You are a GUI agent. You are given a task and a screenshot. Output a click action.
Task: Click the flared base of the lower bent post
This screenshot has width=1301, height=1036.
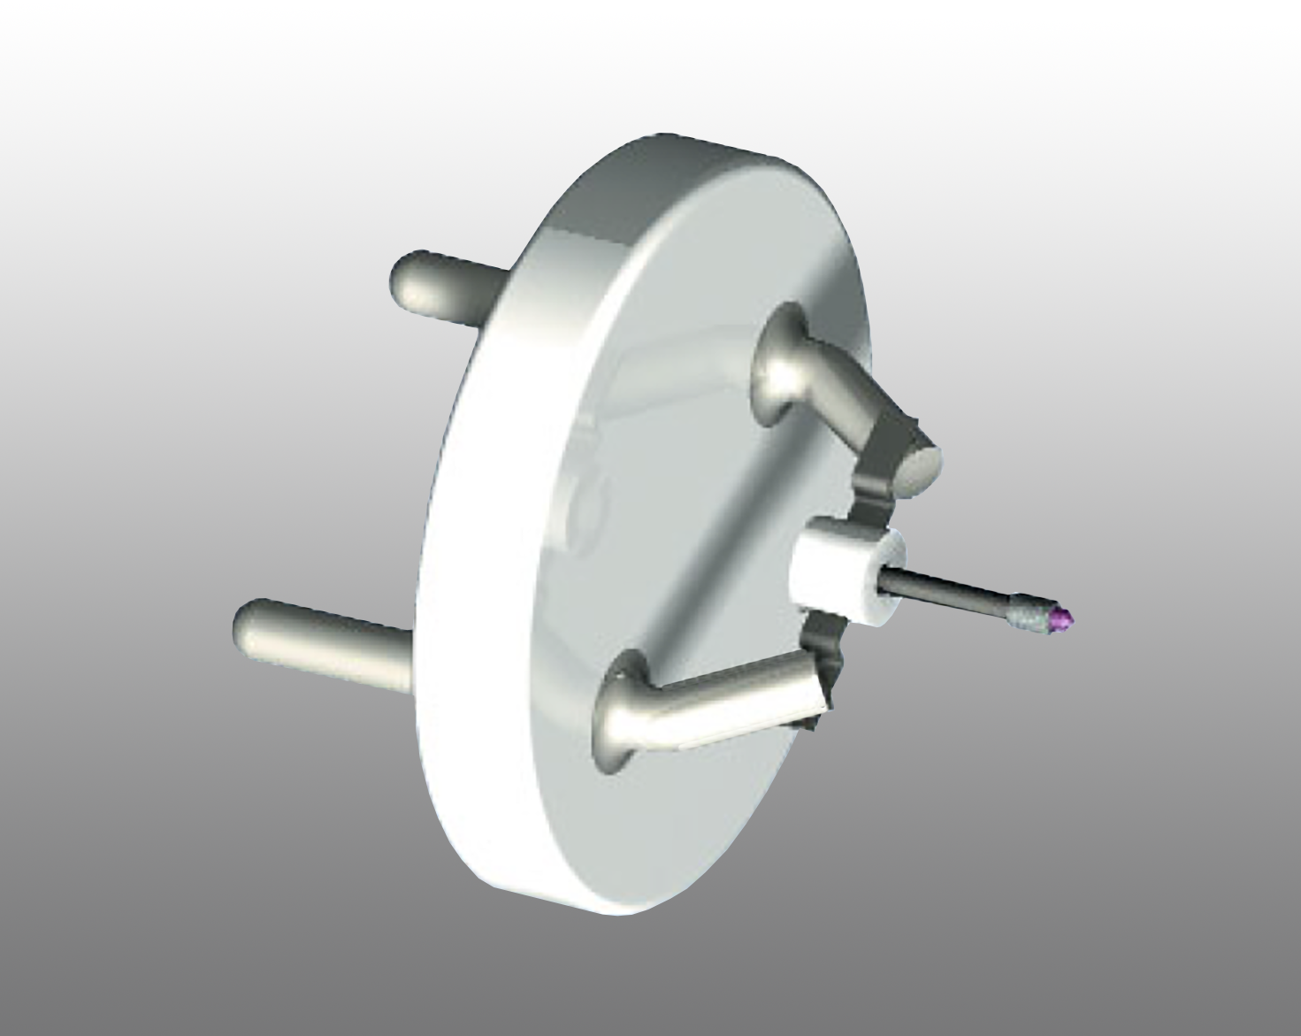tap(619, 708)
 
